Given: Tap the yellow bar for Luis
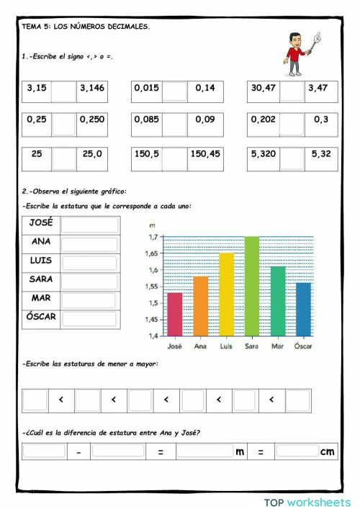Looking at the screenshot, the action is point(226,294).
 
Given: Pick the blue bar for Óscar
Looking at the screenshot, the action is point(303,309).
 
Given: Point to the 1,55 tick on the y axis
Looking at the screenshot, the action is point(152,287).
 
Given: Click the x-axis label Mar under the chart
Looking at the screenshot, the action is point(277,346).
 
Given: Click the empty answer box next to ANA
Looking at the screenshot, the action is point(89,243).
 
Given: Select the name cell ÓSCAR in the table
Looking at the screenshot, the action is point(41,317).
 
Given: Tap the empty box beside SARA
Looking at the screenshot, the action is point(89,281).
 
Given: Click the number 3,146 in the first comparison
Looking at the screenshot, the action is point(91,89).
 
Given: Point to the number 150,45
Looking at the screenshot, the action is point(205,154).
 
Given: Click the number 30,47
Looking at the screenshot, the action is point(264,89).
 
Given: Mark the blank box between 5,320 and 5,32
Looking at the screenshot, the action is point(292,158).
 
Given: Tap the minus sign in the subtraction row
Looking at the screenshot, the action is point(78,452).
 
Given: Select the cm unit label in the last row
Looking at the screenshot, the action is point(328,451).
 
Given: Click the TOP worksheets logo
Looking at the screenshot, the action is point(307,500).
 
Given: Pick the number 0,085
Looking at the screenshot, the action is point(146,120).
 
